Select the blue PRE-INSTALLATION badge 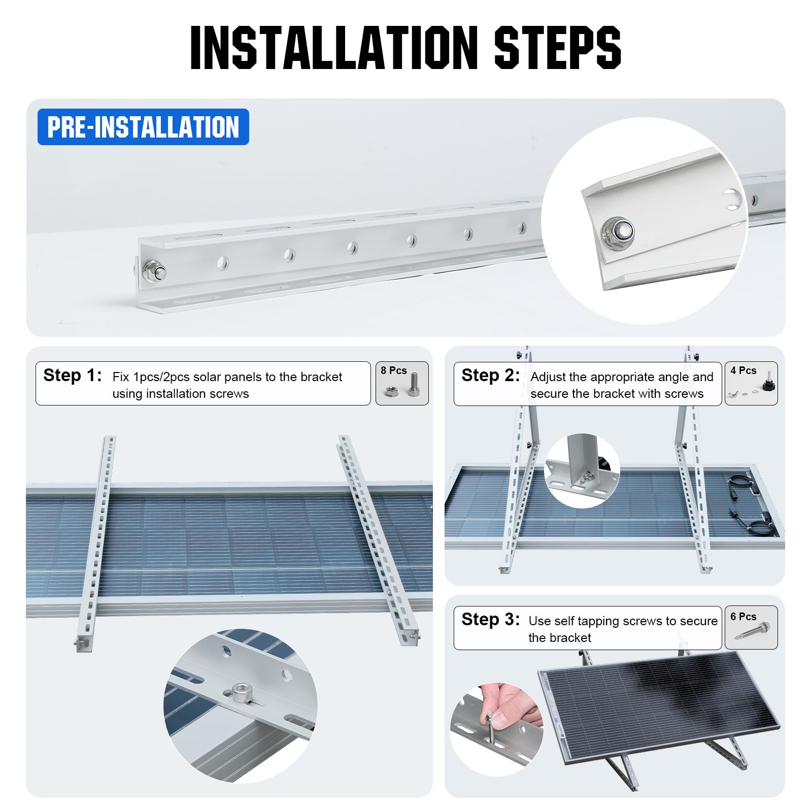click(x=143, y=127)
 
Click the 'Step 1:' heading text click(x=73, y=376)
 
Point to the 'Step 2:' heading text click(x=490, y=376)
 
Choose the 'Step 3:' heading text click(x=490, y=620)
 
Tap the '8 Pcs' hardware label click(x=394, y=370)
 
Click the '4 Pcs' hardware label click(x=743, y=370)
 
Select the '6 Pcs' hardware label click(x=743, y=617)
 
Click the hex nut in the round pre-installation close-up click(x=617, y=231)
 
